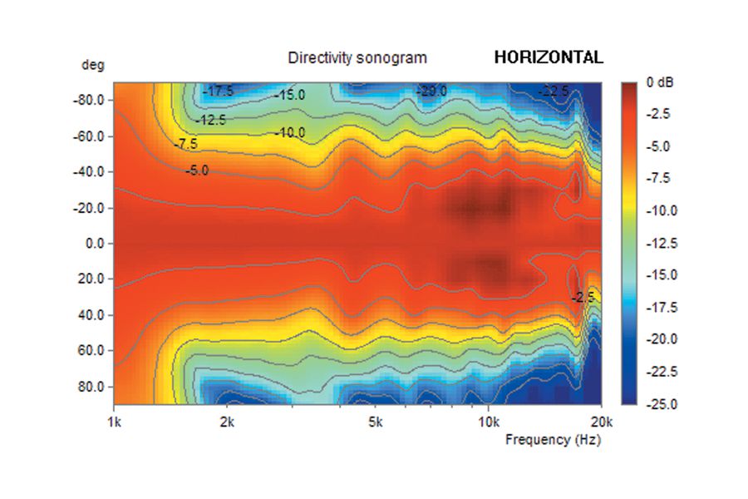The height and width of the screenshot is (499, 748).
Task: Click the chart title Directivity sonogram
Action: point(357,58)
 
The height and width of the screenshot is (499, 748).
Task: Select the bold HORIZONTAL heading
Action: point(549,57)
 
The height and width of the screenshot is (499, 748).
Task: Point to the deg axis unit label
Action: point(93,65)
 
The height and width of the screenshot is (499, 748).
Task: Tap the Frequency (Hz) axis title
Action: point(553,440)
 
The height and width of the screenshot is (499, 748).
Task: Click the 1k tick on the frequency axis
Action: point(114,422)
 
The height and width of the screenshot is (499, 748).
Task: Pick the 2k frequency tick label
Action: point(227,422)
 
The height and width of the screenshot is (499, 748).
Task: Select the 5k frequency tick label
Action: point(375,422)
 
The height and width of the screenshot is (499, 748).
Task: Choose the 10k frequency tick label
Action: point(488,422)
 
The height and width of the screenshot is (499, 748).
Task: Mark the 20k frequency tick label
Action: point(601,422)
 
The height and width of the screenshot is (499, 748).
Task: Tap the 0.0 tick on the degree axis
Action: point(94,245)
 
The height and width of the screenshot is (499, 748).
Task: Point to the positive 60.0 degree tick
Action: point(91,351)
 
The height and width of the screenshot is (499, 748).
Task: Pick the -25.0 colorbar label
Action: point(663,404)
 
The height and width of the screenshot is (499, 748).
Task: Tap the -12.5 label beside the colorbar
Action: point(663,244)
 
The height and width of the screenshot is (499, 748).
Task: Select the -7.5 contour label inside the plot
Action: point(186,145)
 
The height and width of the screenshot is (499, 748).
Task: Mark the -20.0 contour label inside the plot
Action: point(432,91)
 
